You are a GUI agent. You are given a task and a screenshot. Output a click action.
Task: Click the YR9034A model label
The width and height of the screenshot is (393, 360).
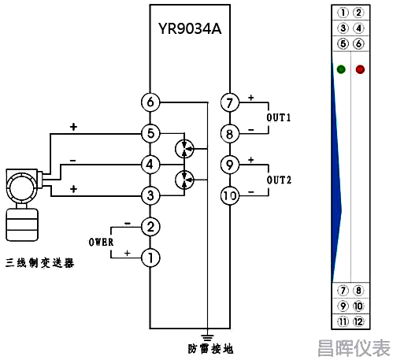point(190,28)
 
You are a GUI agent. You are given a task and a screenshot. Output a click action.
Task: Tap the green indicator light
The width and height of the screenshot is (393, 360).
point(341,69)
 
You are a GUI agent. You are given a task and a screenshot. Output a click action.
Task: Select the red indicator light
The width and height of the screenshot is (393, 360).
point(360,69)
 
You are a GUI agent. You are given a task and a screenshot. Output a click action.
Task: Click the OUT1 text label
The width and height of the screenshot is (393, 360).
point(279,117)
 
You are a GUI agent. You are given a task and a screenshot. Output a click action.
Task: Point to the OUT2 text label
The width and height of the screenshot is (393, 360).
point(279,180)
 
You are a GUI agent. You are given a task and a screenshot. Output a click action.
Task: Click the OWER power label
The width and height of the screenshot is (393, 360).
point(101,242)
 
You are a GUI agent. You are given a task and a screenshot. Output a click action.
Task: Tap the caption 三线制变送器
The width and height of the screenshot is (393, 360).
point(40,263)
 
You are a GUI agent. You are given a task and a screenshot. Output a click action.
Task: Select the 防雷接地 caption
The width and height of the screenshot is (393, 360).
point(210,349)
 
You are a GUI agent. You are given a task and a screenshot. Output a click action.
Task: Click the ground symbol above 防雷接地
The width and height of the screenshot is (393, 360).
point(207,338)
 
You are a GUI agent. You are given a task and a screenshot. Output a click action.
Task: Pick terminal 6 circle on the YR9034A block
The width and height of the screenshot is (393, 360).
point(150,102)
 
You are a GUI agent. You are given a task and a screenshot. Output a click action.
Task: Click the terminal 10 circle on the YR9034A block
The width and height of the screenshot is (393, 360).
point(230,195)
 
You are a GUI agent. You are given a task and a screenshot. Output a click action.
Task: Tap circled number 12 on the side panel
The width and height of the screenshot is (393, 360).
point(358,321)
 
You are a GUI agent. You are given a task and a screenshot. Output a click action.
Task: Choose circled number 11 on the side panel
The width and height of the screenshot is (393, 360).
point(343,321)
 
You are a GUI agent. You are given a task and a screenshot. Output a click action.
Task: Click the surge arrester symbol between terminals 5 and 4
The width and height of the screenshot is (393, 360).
point(184,149)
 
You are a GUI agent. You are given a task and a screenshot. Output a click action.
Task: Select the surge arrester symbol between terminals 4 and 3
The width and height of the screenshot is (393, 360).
point(184,180)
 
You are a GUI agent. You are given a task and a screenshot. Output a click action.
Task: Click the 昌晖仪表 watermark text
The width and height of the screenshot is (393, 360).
point(354,348)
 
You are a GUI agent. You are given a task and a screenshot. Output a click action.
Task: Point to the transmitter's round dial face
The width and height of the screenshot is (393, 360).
point(21,187)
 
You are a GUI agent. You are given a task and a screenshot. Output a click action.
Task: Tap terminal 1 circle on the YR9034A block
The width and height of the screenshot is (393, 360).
point(150,258)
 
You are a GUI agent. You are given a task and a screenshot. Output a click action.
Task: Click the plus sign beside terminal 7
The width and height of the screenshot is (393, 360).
point(251,98)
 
